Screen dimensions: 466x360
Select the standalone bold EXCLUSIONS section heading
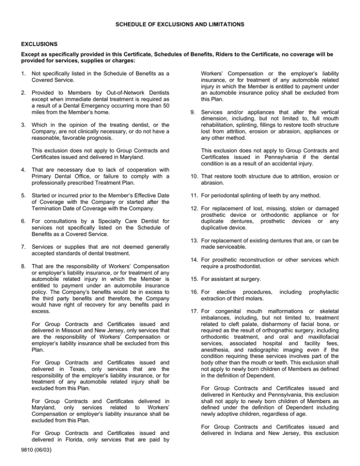(39, 44)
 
